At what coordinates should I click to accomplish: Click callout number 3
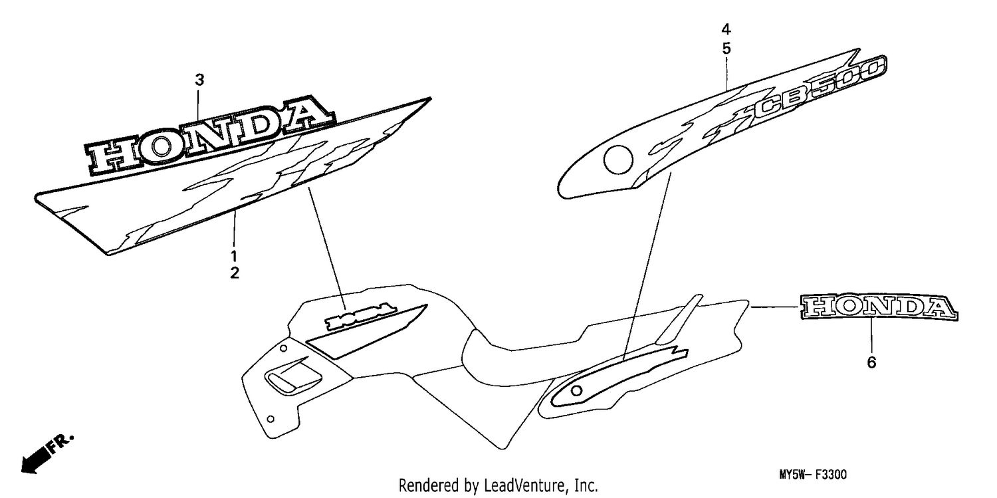click(199, 80)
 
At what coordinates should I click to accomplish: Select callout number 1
click(234, 257)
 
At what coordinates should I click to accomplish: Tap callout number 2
click(235, 273)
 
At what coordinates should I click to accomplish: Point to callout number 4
click(726, 30)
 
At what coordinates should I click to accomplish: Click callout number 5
click(726, 49)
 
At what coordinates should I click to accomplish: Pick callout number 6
click(871, 363)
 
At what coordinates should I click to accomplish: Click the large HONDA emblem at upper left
click(209, 134)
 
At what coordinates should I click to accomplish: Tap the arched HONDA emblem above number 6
click(879, 307)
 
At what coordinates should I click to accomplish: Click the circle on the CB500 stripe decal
click(617, 160)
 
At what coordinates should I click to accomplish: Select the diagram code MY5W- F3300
click(813, 475)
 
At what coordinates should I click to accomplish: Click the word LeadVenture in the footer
click(524, 485)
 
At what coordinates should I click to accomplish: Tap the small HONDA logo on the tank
click(360, 315)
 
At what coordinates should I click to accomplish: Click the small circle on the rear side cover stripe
click(576, 391)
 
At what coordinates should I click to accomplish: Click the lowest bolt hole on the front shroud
click(270, 419)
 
